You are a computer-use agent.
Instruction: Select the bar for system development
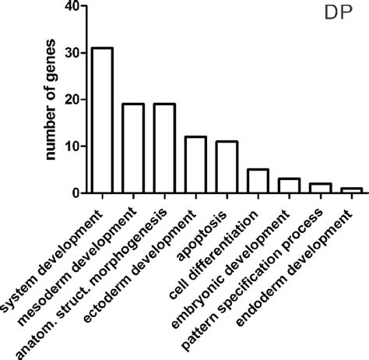point(102,121)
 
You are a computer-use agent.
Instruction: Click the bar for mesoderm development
point(133,148)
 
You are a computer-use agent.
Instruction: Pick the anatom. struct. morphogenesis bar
point(164,148)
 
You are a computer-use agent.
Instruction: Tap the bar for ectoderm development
point(195,164)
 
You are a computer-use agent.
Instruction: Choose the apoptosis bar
point(227,167)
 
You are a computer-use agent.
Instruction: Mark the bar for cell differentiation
point(258,181)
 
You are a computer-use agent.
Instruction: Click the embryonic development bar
point(289,185)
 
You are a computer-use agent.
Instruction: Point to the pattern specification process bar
point(320,188)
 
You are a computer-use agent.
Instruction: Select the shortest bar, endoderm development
point(351,190)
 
